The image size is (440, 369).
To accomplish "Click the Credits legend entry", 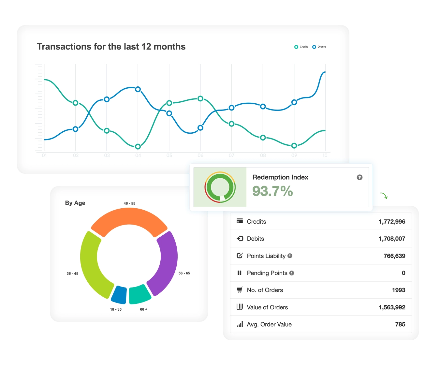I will (301, 47).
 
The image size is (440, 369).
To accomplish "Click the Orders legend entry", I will (319, 47).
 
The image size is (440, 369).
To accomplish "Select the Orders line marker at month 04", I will (138, 89).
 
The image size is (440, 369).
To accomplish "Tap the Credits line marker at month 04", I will (138, 147).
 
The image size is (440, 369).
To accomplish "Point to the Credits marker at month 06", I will (200, 98).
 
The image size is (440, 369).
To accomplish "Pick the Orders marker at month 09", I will (294, 102).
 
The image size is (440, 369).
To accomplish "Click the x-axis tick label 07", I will (231, 155).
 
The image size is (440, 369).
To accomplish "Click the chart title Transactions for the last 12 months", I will (111, 47).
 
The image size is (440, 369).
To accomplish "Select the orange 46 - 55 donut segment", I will (129, 218).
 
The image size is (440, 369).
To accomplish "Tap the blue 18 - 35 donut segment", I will (119, 294).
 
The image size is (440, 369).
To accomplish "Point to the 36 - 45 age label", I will (72, 273).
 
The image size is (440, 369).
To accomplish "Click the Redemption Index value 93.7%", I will (272, 191).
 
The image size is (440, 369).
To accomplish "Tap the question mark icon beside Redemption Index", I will (359, 177).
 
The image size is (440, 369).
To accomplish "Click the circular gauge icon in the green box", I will (220, 187).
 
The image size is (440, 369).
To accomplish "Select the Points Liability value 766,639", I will (394, 256).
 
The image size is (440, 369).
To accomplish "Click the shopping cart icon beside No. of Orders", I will (240, 290).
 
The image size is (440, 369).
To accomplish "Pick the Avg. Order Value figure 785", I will (400, 324).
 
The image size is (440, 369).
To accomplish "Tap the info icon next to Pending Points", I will (292, 273).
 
